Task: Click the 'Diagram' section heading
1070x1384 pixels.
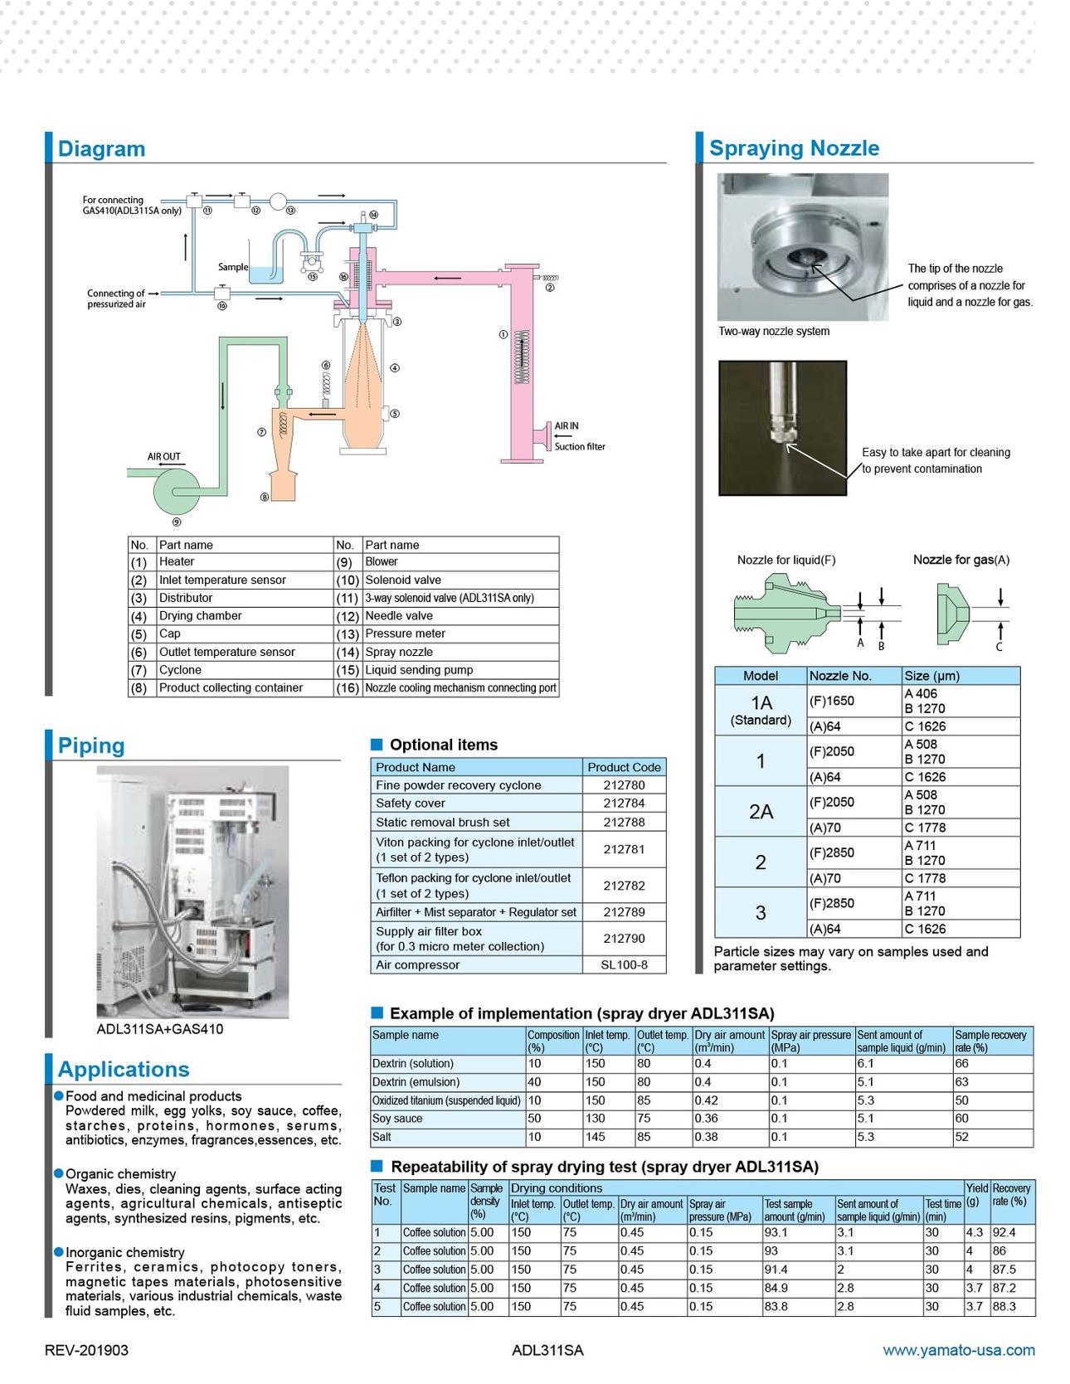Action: (101, 149)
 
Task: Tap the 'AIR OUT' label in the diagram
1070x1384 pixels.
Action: (163, 457)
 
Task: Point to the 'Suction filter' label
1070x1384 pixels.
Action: (580, 447)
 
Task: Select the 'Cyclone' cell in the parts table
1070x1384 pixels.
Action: (180, 670)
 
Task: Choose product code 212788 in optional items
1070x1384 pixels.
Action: (624, 822)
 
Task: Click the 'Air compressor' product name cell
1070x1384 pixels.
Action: (417, 964)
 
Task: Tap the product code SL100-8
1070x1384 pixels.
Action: (624, 964)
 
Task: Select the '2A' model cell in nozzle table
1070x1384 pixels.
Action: (761, 812)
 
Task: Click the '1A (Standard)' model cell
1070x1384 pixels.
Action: (761, 710)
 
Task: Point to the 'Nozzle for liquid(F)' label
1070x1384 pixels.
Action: (786, 560)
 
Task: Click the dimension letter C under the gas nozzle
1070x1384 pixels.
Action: (999, 647)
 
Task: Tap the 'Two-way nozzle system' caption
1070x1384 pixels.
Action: (774, 332)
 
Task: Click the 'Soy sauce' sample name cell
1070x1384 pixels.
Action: (397, 1119)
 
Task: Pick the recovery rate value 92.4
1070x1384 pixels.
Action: (1004, 1232)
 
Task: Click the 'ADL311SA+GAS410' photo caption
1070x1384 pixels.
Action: (160, 1029)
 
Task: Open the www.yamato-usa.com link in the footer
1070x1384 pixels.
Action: (958, 1350)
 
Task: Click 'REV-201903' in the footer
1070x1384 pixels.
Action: (86, 1350)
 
